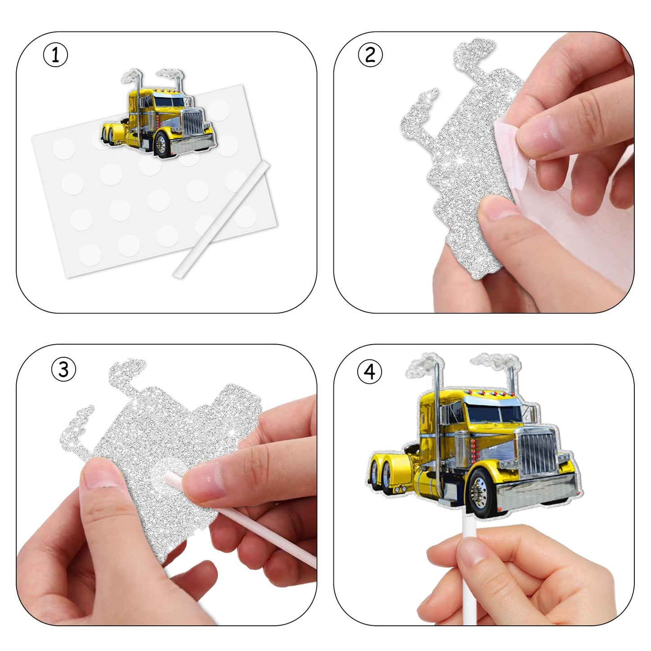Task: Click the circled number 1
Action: tap(55, 55)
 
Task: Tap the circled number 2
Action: tap(370, 55)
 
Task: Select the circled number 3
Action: tap(64, 369)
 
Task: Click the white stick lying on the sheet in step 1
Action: tap(222, 219)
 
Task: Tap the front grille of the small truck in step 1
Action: tap(193, 123)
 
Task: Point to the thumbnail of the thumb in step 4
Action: tap(472, 553)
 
